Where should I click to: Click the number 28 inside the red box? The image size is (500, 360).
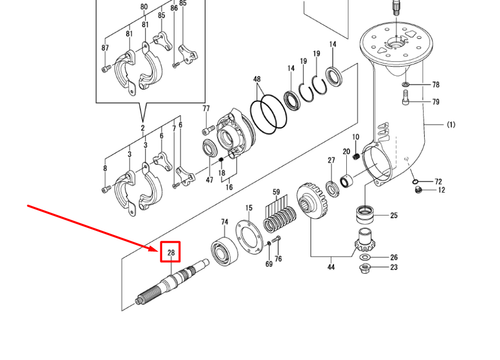171,252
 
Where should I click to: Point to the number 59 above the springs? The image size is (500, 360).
276,191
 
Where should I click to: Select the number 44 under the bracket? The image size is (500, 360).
330,267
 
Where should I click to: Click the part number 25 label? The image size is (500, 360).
393,216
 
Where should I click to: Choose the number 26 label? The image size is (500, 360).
393,256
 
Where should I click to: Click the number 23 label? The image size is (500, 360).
393,267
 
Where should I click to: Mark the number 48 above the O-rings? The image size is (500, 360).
257,79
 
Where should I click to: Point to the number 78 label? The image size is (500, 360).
435,86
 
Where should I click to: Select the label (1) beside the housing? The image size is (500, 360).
450,125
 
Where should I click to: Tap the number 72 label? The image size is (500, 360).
438,181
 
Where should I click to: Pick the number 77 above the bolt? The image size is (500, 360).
207,108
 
